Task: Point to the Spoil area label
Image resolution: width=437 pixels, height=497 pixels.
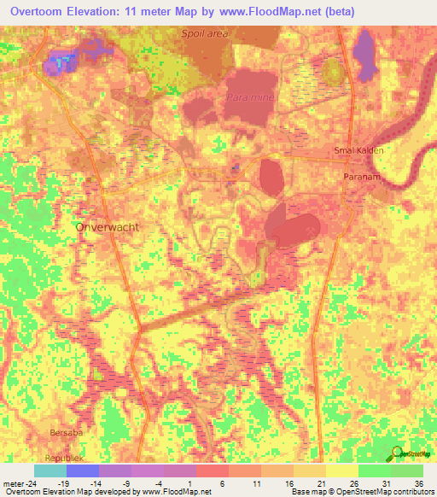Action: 205,34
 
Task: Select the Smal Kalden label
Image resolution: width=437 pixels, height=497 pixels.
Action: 358,150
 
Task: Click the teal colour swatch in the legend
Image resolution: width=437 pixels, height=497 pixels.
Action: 50,471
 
